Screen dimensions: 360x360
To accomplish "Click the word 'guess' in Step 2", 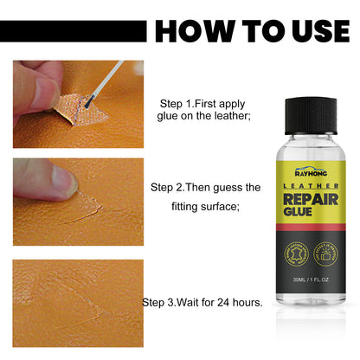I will coord(224,187).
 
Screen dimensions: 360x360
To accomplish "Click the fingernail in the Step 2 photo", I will coord(62,179).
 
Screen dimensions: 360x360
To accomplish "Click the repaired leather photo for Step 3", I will coord(78,303).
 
